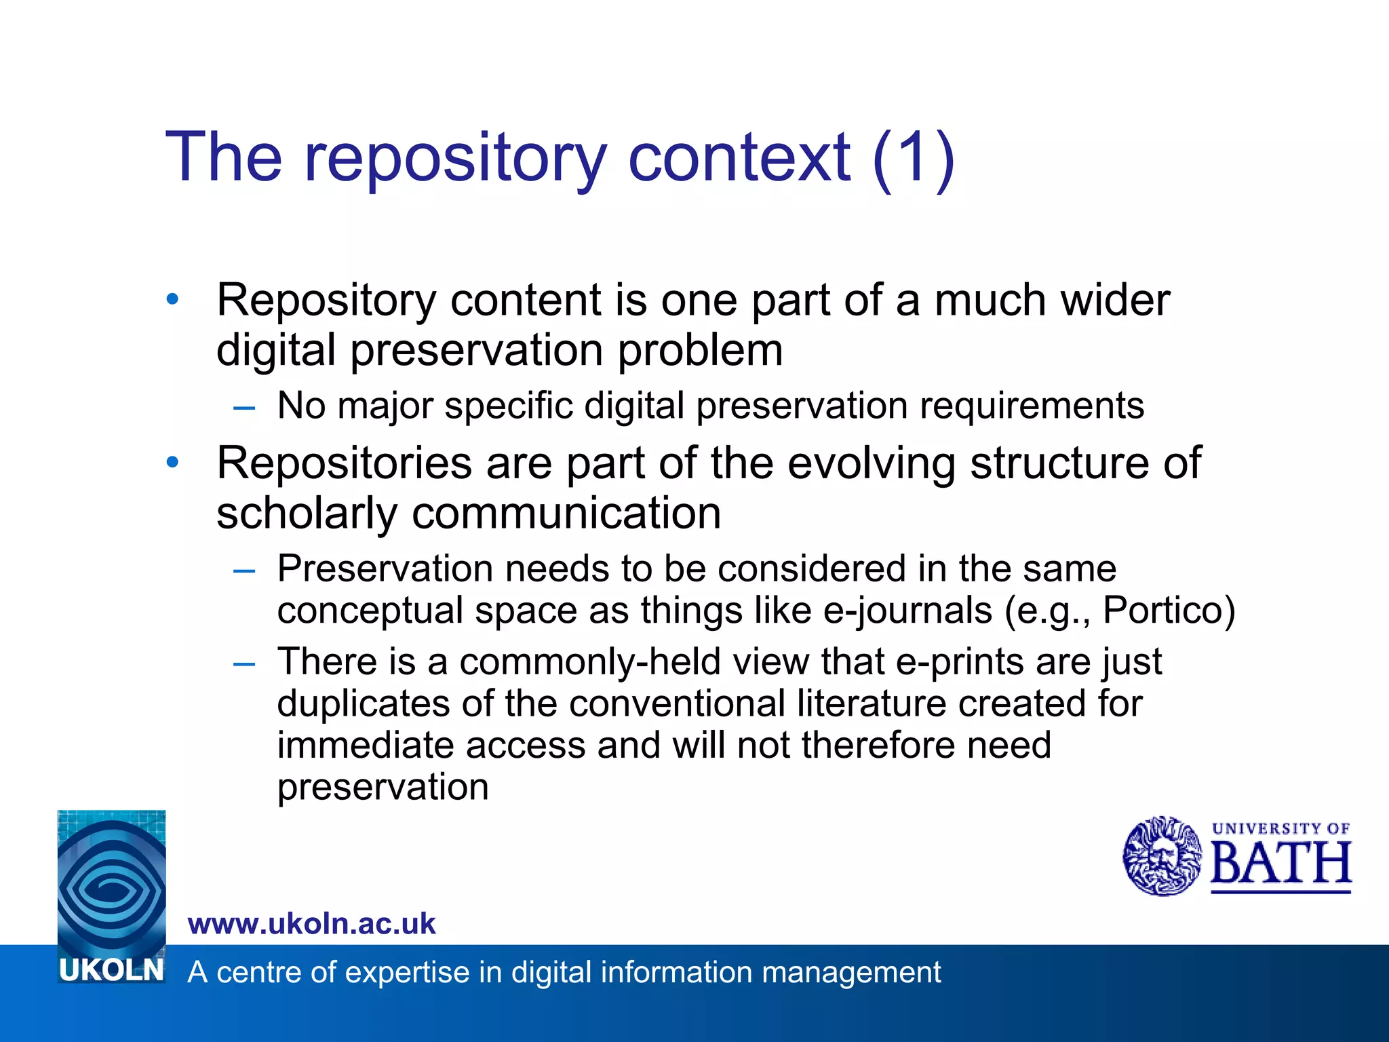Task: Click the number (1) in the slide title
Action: tap(914, 157)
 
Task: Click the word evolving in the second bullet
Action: tap(872, 463)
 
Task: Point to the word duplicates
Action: tap(364, 703)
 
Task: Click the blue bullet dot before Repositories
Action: tap(173, 462)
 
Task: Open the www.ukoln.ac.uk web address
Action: tap(311, 924)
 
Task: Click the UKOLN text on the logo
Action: tap(111, 970)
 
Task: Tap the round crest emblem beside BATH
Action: tap(1162, 855)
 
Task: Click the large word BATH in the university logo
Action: tap(1280, 865)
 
